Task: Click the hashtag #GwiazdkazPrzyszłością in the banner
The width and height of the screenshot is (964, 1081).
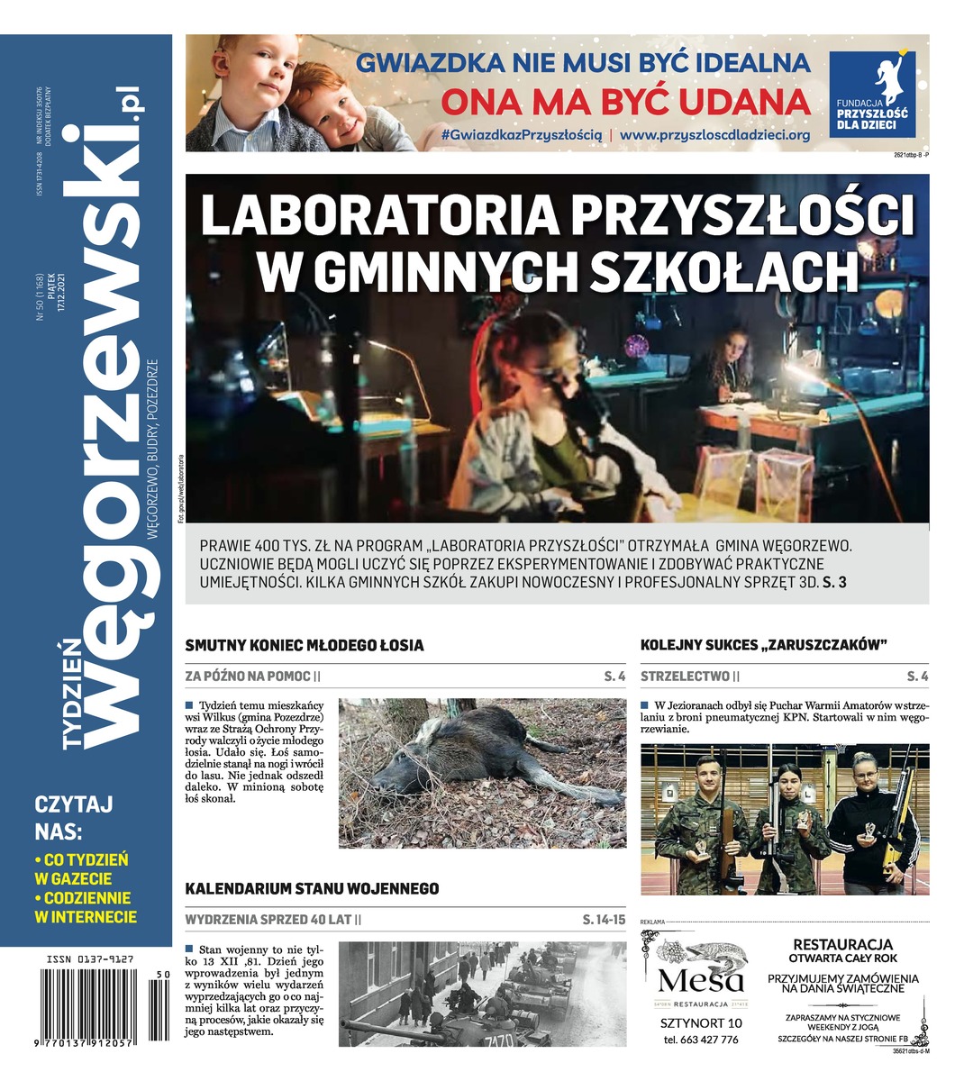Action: pos(522,133)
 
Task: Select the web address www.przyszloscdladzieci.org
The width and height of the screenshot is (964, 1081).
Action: pos(715,133)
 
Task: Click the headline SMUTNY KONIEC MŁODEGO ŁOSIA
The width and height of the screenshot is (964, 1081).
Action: pos(304,645)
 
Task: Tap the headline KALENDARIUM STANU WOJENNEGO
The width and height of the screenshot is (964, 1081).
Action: pos(312,888)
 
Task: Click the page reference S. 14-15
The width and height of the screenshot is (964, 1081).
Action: pos(603,921)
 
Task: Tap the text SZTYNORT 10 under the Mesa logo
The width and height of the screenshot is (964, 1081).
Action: pos(701,1022)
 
